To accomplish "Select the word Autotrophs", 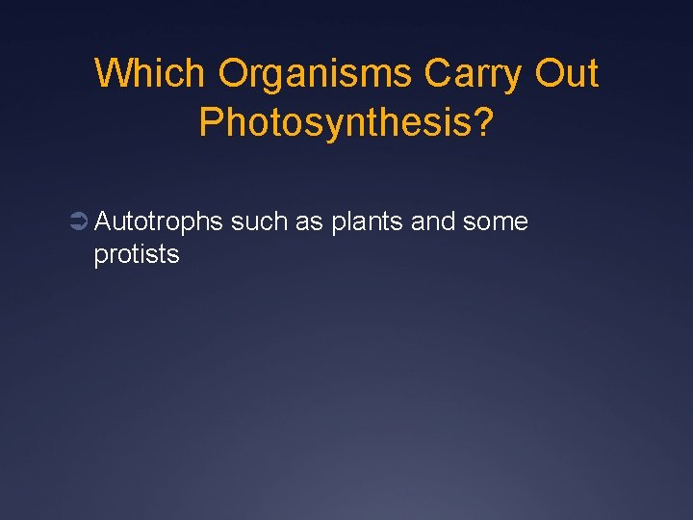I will click(x=159, y=222).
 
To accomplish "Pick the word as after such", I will click(x=309, y=222).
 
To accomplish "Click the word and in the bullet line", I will click(x=433, y=222).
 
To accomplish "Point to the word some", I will click(x=496, y=222).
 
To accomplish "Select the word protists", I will click(x=137, y=255).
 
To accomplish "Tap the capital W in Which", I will click(x=114, y=73).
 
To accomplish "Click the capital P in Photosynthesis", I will click(x=210, y=122).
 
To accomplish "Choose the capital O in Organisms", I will click(x=235, y=73).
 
